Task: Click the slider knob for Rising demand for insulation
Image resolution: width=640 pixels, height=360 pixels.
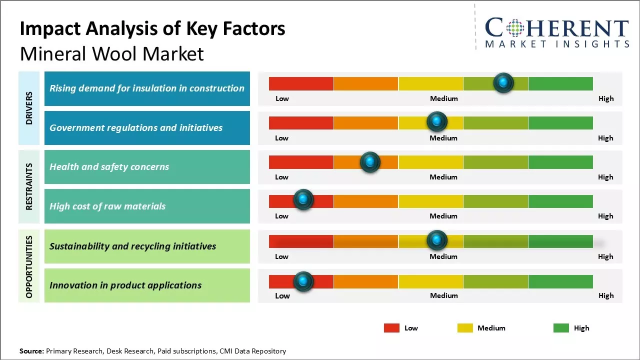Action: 503,82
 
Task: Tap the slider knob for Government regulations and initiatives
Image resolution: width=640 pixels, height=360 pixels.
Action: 437,121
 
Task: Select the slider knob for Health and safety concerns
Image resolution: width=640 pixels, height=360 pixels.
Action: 370,161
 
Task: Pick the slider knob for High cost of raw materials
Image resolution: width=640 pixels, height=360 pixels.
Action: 303,199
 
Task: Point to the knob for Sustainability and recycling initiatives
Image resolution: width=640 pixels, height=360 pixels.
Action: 437,240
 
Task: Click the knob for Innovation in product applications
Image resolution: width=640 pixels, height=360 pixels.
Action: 303,281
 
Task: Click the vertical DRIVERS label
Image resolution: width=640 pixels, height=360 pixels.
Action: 29,108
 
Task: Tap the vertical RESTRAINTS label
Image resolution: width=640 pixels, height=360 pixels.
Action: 29,186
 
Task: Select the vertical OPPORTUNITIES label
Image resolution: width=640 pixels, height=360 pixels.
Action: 29,266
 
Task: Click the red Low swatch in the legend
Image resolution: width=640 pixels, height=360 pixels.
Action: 391,328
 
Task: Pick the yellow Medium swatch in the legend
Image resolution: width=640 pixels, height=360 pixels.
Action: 465,328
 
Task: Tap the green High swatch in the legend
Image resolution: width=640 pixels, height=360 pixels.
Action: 561,328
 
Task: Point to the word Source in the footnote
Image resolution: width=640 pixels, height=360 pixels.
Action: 31,351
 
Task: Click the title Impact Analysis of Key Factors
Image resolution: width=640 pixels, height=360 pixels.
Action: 152,28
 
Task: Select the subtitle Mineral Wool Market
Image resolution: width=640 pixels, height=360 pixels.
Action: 112,53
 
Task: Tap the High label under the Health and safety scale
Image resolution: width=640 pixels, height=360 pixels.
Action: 605,177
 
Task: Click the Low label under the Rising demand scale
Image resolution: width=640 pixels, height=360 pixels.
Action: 282,98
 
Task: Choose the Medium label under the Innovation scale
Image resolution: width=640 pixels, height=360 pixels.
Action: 444,295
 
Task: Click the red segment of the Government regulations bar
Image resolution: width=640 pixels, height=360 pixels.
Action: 301,122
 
